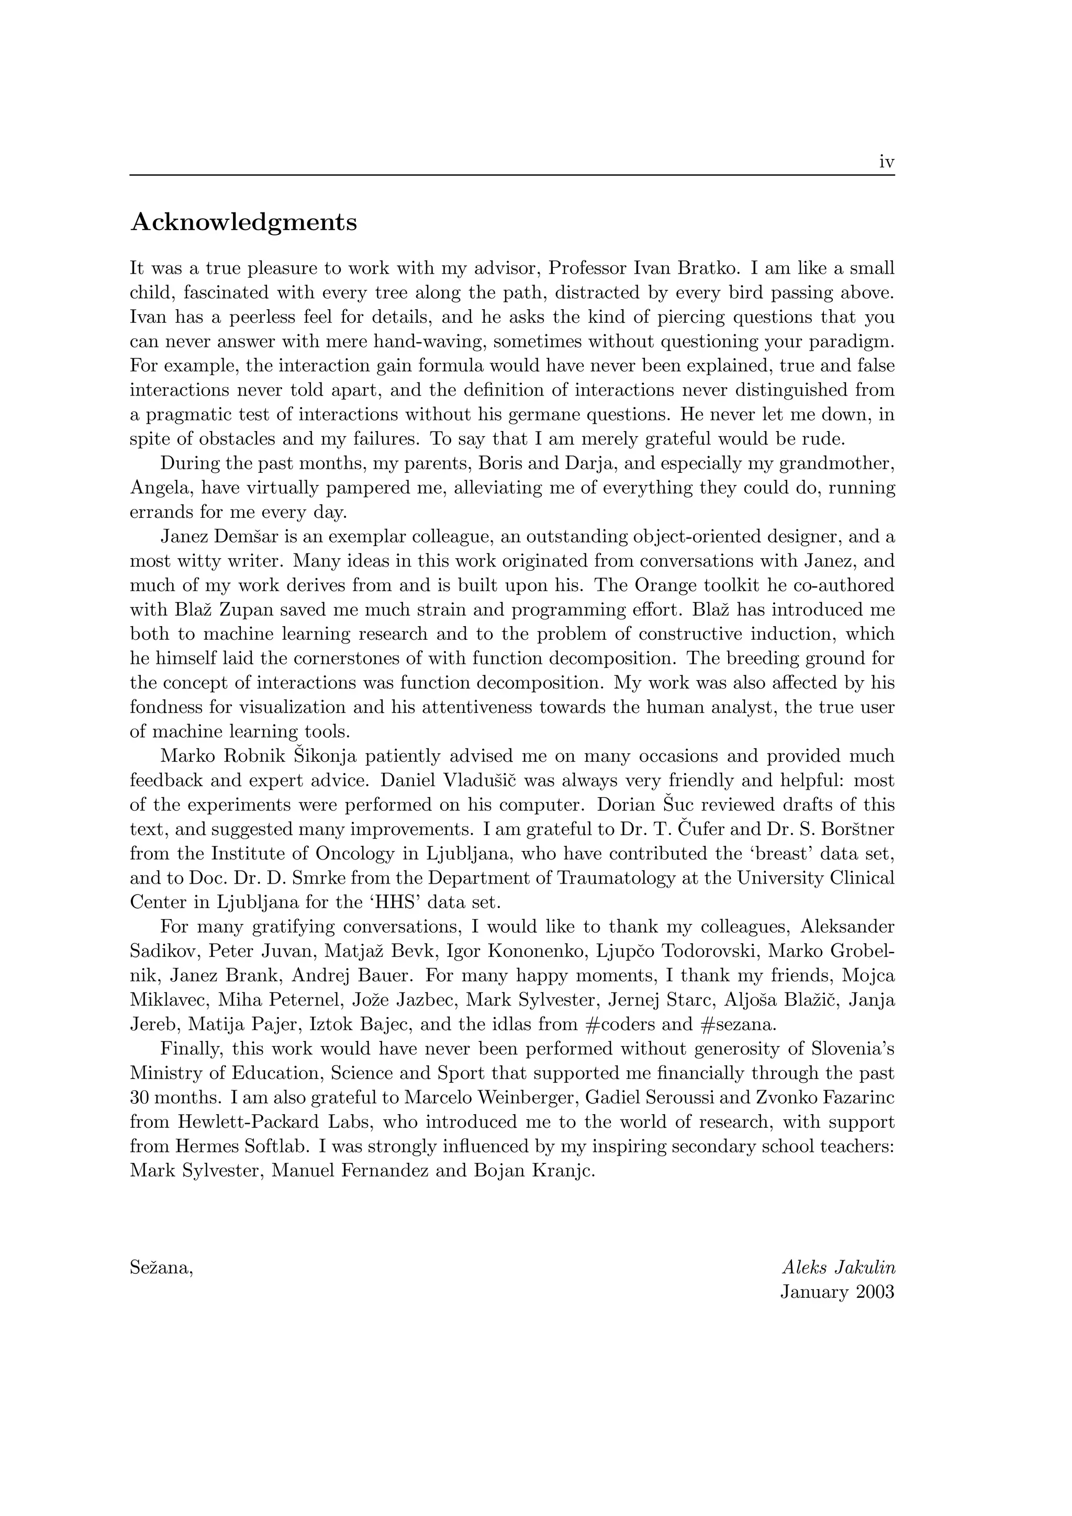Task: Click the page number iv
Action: (x=886, y=162)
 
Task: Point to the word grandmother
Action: (x=837, y=463)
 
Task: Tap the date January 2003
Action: (x=837, y=1292)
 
